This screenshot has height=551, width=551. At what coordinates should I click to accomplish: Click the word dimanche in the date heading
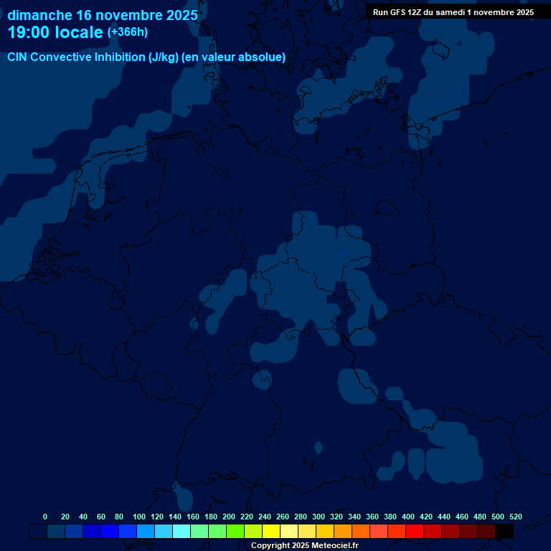click(x=39, y=14)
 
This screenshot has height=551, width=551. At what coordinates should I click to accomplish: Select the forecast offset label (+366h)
click(x=128, y=32)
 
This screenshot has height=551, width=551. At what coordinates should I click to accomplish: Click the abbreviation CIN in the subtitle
click(x=17, y=57)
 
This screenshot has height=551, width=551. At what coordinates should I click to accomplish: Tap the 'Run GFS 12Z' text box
click(x=453, y=12)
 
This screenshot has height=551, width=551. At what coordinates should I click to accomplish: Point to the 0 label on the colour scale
click(x=45, y=517)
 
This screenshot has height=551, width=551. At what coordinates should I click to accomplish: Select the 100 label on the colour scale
click(x=139, y=517)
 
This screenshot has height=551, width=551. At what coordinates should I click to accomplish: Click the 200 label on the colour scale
click(x=229, y=517)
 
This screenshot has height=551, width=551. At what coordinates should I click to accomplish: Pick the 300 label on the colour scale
click(x=319, y=517)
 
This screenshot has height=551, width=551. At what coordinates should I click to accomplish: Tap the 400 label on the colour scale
click(x=408, y=517)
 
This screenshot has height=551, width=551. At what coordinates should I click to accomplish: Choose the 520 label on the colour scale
click(x=516, y=517)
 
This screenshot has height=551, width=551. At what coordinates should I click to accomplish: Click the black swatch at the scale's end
click(x=504, y=531)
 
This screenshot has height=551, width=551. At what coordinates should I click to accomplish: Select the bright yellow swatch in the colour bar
click(x=271, y=531)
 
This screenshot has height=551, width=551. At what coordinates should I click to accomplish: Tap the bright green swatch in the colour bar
click(x=235, y=531)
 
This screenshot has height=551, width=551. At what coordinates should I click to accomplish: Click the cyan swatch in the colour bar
click(x=182, y=531)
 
